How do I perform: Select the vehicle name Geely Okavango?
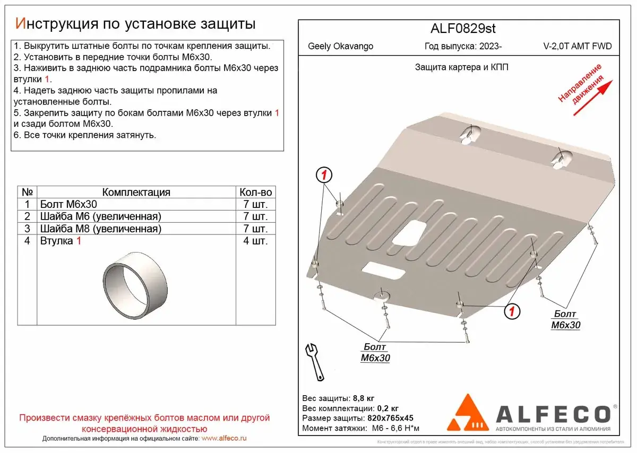[x=340, y=46]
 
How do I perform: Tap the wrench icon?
[x=315, y=362]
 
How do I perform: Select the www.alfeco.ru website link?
[x=225, y=439]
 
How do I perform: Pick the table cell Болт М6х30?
[x=68, y=204]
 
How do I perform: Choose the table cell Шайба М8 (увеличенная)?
[x=100, y=229]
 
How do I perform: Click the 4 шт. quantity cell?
[x=255, y=241]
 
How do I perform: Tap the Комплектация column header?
[x=136, y=192]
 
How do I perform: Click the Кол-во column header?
[x=255, y=192]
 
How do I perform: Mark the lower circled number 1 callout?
[x=511, y=311]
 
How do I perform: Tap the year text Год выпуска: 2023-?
[x=463, y=46]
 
